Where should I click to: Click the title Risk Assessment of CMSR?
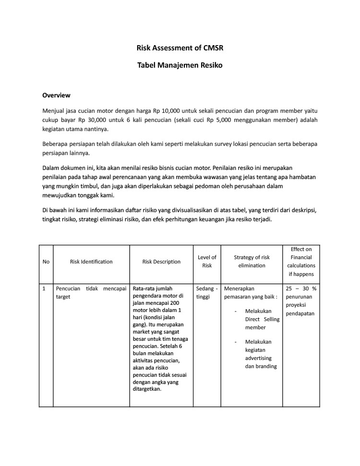point(180,48)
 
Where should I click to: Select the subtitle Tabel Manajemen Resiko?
point(180,65)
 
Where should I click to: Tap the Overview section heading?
point(56,95)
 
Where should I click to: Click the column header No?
point(46,262)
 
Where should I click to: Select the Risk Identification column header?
point(91,262)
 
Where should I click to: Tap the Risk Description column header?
point(161,262)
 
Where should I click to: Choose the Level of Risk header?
point(207,261)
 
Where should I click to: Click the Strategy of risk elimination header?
point(252,261)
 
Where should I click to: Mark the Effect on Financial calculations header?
point(301,262)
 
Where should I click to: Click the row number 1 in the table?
point(44,289)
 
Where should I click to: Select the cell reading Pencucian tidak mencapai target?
point(91,293)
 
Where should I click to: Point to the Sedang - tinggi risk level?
point(207,293)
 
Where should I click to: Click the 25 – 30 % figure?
point(301,289)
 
